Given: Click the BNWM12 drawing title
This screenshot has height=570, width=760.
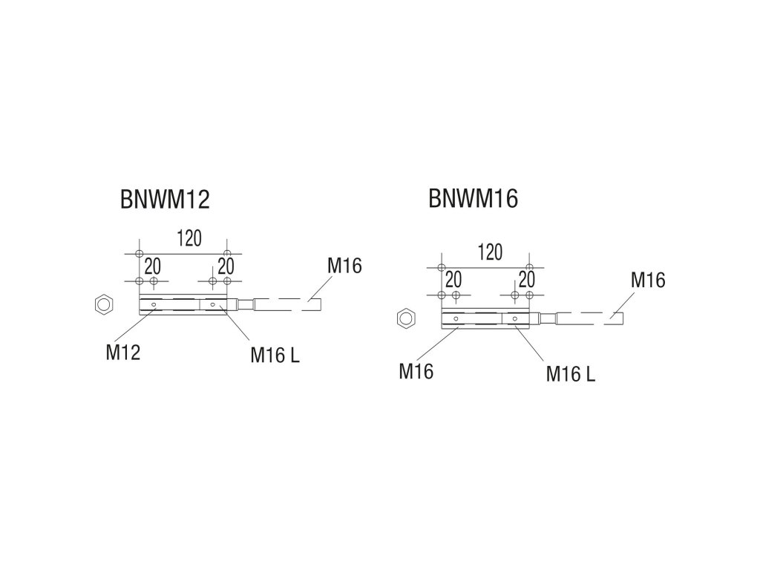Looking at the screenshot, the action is tap(165, 200).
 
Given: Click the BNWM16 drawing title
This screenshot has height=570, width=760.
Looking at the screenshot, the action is tap(473, 199).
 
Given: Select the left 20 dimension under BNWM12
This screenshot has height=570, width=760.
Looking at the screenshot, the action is tap(153, 265).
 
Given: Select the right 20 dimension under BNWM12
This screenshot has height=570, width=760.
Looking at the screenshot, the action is tap(226, 265).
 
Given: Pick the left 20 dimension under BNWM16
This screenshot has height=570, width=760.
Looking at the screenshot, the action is tap(453, 279).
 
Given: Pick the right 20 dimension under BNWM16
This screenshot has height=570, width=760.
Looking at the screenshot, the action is tap(526, 279).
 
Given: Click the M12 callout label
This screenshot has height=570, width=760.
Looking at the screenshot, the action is tap(123, 352).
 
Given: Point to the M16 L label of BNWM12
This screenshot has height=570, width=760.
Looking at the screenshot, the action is tap(275, 356).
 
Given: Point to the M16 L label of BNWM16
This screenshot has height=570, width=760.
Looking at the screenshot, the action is tap(570, 373).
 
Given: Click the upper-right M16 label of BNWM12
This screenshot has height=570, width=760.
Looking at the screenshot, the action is tap(344, 265).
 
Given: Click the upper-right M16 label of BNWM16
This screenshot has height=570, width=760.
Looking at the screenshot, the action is tap(647, 280).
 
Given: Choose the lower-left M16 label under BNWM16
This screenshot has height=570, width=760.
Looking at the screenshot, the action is tap(416, 370).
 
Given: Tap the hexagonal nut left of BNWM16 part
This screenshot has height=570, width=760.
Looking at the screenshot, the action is tap(405, 318).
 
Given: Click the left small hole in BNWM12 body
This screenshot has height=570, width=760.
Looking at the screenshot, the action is tap(154, 304).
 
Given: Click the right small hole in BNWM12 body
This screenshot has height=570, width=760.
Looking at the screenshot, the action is tap(213, 304).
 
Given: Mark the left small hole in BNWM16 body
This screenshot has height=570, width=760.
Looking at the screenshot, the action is tap(455, 319).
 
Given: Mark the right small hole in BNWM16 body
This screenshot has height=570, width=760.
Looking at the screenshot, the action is tap(514, 319).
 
